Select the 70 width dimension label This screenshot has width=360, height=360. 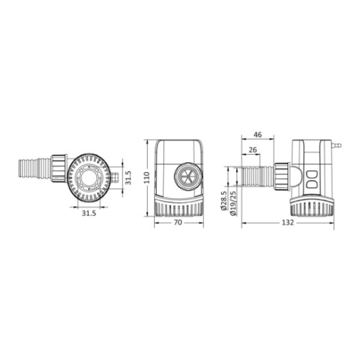pos(178,222)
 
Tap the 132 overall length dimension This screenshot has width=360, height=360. pos(287,222)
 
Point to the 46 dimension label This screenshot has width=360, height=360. pos(258,135)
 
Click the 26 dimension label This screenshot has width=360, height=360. pos(253,150)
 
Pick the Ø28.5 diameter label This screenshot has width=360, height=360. pos(223,201)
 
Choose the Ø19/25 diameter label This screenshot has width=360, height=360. pos(233,203)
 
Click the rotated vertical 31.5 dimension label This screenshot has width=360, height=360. pos(129,178)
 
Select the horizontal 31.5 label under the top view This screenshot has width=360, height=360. pos(89,213)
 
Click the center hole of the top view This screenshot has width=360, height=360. pos(89,178)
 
